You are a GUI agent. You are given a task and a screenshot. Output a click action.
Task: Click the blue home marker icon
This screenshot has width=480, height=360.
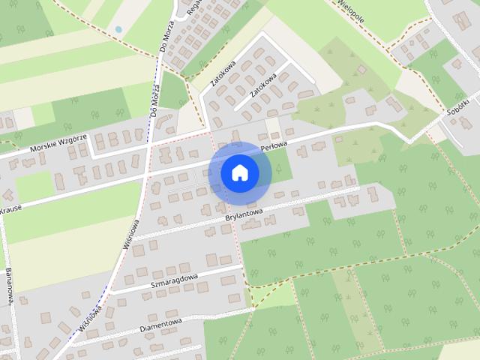click(240, 172)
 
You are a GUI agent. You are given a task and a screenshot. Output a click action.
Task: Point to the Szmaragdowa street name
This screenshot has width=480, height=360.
click(174, 280)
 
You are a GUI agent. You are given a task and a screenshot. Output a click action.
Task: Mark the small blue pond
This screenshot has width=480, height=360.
click(118, 29)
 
